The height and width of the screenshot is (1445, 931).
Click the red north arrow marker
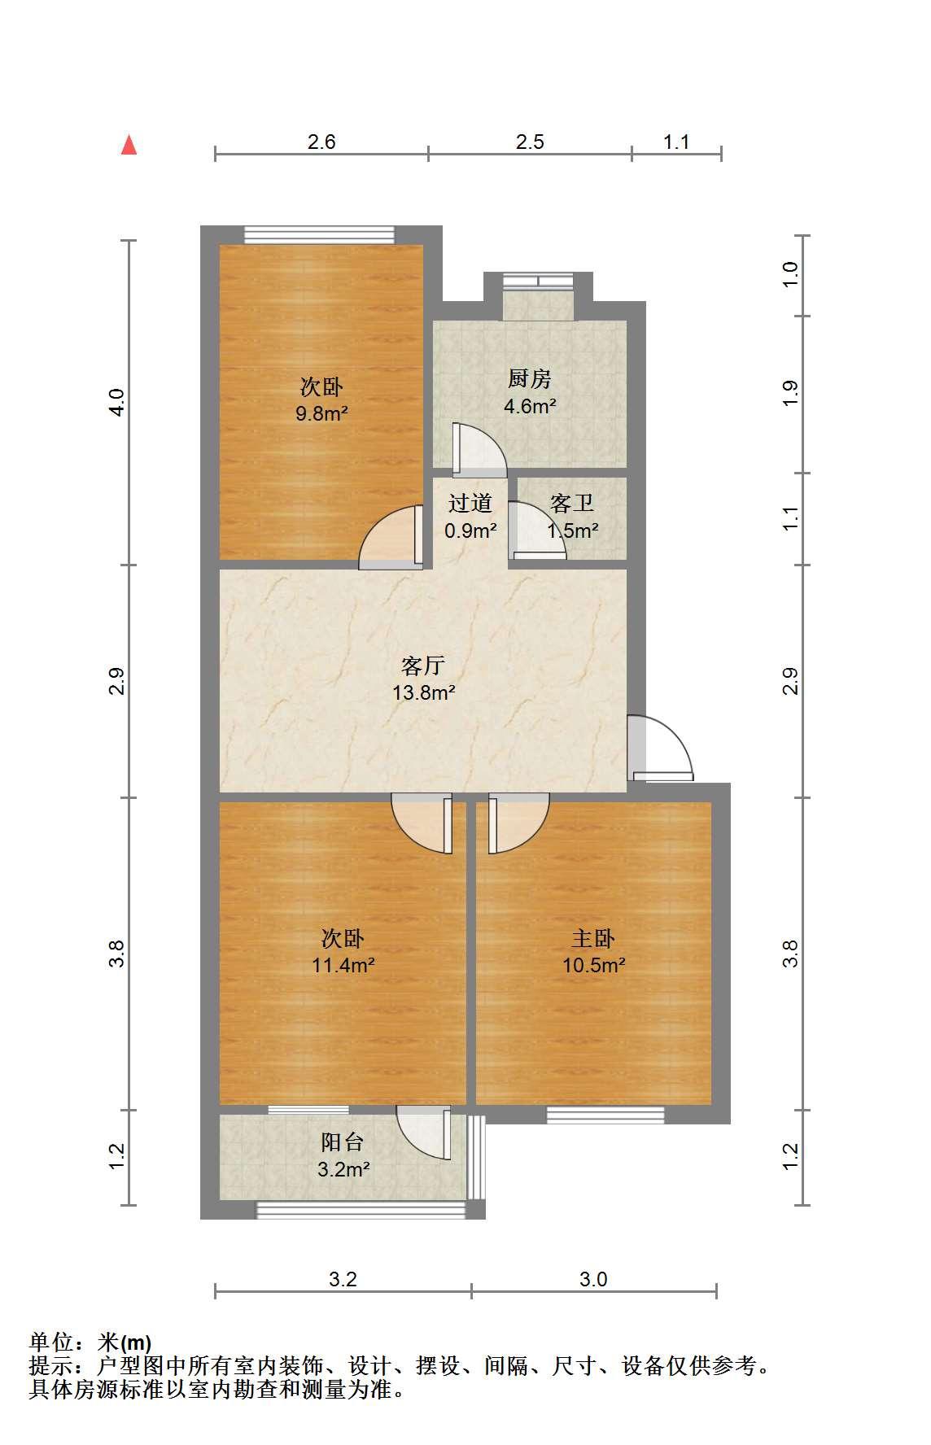point(129,145)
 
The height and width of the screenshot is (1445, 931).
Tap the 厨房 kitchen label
point(530,378)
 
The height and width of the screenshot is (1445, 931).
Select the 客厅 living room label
point(423,666)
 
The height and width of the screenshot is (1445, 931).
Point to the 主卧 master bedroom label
point(593,939)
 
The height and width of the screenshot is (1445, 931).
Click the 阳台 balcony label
point(342,1142)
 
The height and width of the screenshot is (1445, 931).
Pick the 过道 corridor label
point(470,504)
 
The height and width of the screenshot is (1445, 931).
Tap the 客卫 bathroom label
point(572,504)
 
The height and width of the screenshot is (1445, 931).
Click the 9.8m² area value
point(322,413)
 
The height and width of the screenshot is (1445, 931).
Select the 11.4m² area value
point(343,966)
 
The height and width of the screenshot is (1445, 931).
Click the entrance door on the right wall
point(660,748)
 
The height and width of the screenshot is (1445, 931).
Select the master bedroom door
point(518,823)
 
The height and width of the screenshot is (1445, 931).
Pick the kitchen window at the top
point(537,282)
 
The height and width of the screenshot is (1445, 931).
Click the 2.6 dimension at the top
point(321,142)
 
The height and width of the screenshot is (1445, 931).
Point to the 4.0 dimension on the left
point(117,402)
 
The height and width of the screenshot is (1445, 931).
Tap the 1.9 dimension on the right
point(790,394)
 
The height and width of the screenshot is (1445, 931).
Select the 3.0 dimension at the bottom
point(593,1279)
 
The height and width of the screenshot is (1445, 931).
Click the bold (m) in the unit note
point(136,1342)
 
